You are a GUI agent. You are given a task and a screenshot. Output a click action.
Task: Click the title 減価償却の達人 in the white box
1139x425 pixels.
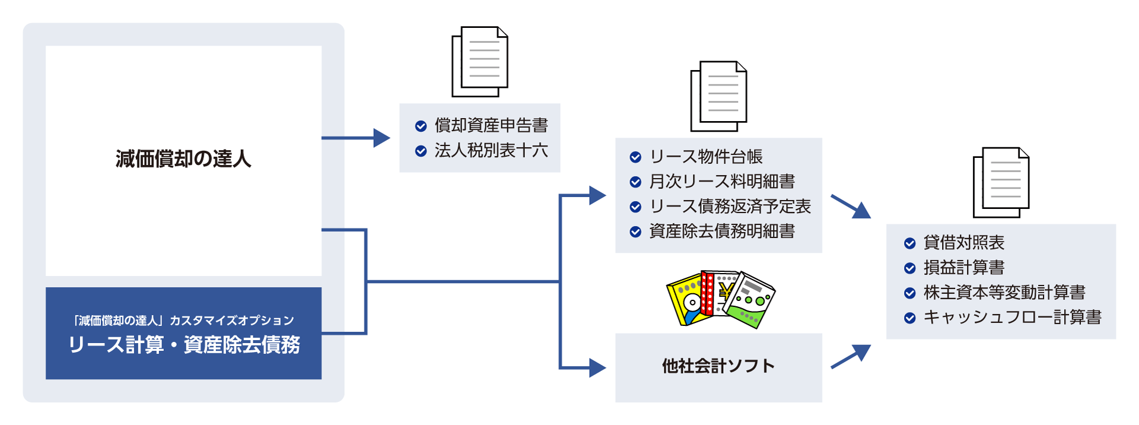coord(183,159)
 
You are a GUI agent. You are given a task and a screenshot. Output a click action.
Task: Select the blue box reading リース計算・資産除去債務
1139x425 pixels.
coord(183,334)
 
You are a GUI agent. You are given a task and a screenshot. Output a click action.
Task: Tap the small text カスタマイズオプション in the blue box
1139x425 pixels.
coord(232,321)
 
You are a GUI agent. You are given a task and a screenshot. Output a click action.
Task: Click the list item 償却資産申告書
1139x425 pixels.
coord(491,125)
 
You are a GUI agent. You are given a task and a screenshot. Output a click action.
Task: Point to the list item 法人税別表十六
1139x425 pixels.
coord(491,151)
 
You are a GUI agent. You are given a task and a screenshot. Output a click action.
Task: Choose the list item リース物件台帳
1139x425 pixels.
coord(706,157)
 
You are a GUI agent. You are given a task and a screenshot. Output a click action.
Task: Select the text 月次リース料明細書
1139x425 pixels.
coord(721,182)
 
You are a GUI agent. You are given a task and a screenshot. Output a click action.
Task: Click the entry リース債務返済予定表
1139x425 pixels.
coord(730,207)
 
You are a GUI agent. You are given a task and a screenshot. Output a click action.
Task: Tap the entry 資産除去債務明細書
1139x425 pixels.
coord(721,231)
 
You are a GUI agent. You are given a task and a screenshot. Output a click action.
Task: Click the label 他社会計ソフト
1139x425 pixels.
coord(718,366)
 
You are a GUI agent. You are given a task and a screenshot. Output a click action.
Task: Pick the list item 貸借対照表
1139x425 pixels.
coord(963,243)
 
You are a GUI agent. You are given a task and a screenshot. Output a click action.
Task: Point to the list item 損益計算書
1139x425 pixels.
coord(963,268)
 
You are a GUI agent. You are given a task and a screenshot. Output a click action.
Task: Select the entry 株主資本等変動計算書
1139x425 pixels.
coord(1004,293)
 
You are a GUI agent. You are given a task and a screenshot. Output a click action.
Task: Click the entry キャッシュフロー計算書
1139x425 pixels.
coord(1012,318)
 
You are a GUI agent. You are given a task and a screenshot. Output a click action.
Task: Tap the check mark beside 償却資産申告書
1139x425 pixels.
coord(421,126)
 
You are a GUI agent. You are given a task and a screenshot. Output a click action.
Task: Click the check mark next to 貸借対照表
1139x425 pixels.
coord(910,243)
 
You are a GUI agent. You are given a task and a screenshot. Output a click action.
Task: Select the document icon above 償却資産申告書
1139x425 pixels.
coord(480,62)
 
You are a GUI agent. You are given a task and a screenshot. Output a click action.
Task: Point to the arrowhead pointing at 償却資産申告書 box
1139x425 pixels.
coord(381,138)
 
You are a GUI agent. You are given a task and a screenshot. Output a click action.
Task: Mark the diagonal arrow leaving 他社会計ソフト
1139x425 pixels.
coord(851,357)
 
